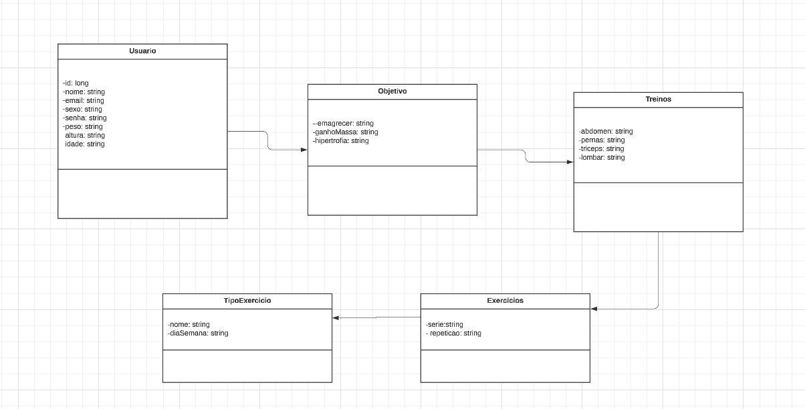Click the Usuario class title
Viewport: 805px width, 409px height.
[x=142, y=51]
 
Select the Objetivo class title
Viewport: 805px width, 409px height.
[x=392, y=92]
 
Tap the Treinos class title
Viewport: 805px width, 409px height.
[x=658, y=100]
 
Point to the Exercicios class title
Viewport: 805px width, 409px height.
[x=505, y=301]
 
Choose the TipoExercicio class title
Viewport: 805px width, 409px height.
[x=247, y=301]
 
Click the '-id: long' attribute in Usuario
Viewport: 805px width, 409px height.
[x=76, y=84]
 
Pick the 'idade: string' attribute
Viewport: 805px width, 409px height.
[x=85, y=144]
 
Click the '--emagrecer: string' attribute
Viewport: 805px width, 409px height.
[x=343, y=124]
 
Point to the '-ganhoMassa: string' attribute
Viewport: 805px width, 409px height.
[x=345, y=132]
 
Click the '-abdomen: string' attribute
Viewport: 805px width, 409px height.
[x=606, y=132]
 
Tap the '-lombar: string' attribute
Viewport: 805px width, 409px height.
[x=602, y=158]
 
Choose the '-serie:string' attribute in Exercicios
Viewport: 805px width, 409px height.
[x=444, y=325]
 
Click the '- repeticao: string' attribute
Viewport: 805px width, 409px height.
[x=453, y=333]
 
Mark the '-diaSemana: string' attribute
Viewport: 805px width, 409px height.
[x=198, y=333]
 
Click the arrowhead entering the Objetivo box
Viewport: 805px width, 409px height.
[x=304, y=150]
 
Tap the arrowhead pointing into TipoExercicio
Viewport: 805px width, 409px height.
[x=336, y=317]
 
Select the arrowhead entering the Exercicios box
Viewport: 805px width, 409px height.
[x=594, y=309]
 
